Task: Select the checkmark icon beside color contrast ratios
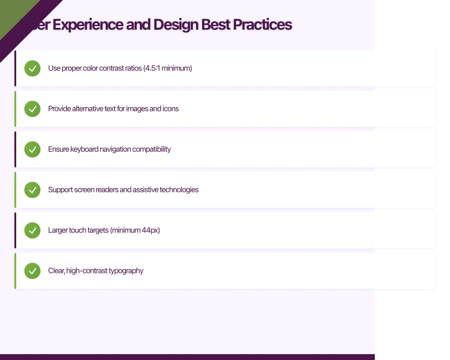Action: tap(32, 68)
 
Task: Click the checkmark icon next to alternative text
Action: tap(32, 109)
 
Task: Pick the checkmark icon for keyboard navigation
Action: tap(32, 149)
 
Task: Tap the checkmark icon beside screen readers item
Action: tap(32, 190)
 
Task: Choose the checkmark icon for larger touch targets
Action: tap(32, 230)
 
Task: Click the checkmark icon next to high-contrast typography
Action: tap(32, 271)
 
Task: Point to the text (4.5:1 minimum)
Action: tap(167, 68)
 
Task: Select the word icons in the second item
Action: tap(171, 109)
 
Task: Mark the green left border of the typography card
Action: tap(15, 271)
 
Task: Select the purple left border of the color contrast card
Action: tap(15, 68)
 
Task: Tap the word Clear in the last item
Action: tap(56, 271)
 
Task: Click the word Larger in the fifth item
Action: tap(58, 230)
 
